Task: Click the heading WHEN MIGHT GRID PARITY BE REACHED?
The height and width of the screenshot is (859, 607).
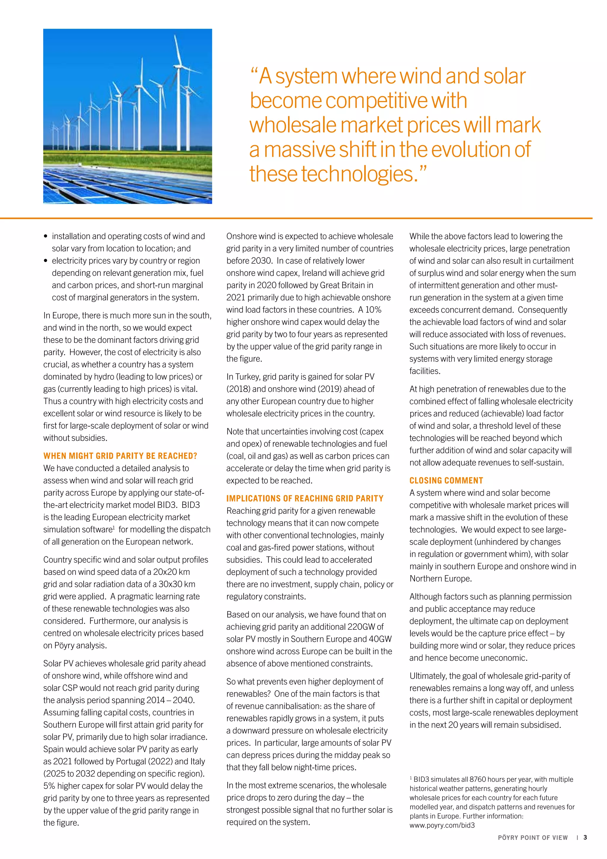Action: tap(120, 456)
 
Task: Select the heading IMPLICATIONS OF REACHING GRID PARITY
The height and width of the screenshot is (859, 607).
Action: tap(305, 498)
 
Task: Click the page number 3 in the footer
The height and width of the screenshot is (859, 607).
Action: tap(585, 837)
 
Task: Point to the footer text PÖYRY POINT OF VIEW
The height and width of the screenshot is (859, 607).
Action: tap(533, 837)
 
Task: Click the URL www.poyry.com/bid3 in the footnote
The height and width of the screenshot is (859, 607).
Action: tap(442, 825)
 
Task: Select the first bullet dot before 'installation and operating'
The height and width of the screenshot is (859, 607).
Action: tap(46, 236)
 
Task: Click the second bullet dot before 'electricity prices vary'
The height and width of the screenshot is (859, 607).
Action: tap(46, 261)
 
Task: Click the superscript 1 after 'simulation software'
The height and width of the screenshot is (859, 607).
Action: tap(114, 527)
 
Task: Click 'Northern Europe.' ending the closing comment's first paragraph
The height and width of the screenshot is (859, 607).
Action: tap(440, 578)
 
